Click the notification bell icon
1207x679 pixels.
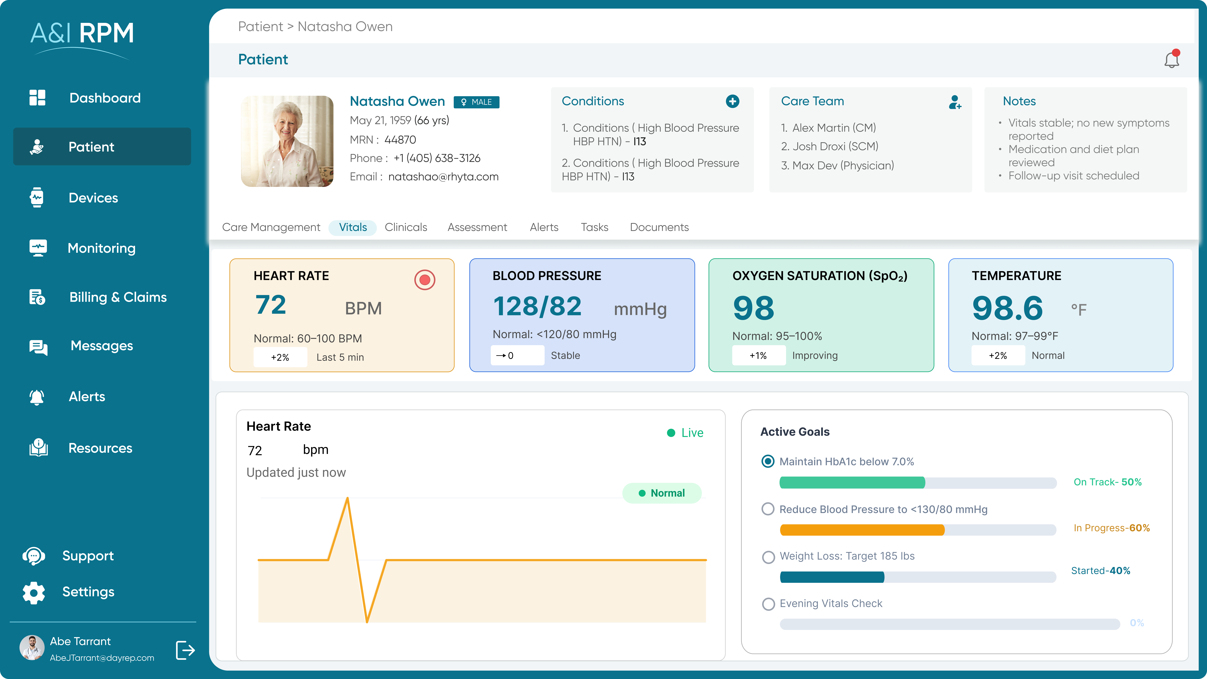click(1171, 60)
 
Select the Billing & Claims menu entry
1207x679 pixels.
click(118, 297)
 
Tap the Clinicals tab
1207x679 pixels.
click(406, 227)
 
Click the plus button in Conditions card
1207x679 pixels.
click(732, 101)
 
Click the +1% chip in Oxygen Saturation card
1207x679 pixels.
click(758, 356)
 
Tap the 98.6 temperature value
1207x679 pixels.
click(1007, 308)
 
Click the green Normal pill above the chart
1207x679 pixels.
click(662, 493)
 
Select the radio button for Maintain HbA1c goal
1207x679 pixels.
click(767, 462)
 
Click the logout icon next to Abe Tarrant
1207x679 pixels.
click(185, 650)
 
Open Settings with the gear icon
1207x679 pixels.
click(34, 592)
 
